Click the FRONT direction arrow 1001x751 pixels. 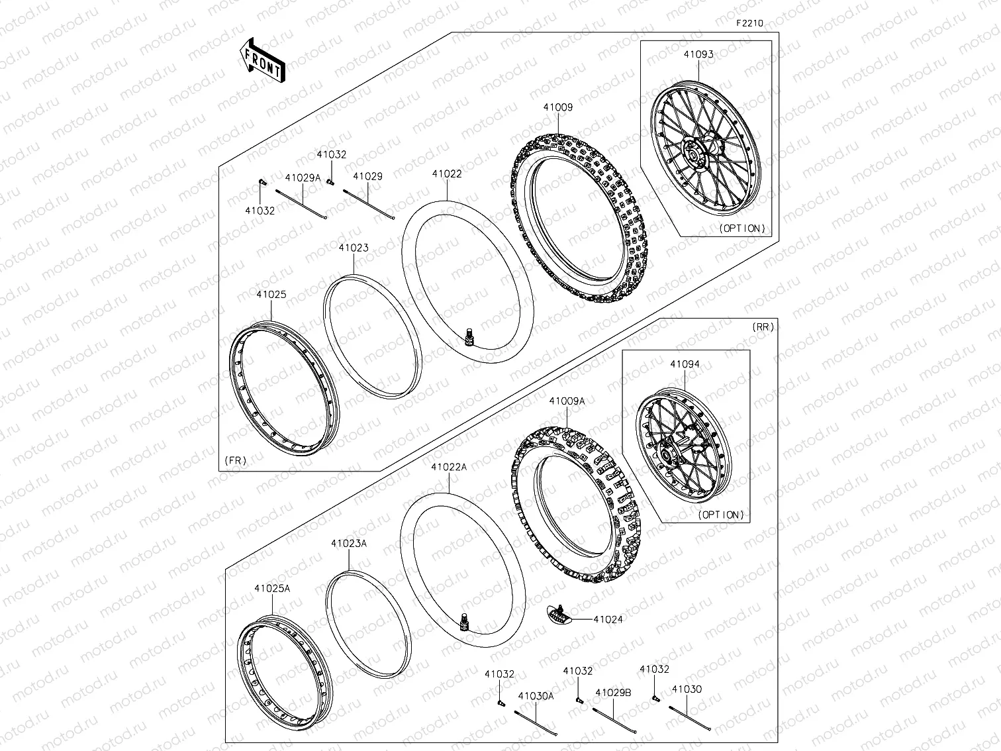pyautogui.click(x=262, y=60)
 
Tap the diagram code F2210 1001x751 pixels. pyautogui.click(x=749, y=23)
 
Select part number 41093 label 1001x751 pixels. pyautogui.click(x=698, y=54)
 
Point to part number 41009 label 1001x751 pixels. pyautogui.click(x=558, y=107)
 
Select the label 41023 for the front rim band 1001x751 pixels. pyautogui.click(x=354, y=248)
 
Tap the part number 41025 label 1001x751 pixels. pyautogui.click(x=271, y=295)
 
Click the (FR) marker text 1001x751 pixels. pyautogui.click(x=236, y=460)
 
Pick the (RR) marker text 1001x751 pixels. pyautogui.click(x=763, y=327)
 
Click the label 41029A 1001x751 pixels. pyautogui.click(x=303, y=177)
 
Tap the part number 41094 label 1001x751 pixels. pyautogui.click(x=685, y=364)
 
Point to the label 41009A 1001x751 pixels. pyautogui.click(x=567, y=401)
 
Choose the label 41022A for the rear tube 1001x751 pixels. pyautogui.click(x=449, y=467)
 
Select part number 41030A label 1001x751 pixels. pyautogui.click(x=536, y=696)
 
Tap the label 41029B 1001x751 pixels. pyautogui.click(x=613, y=693)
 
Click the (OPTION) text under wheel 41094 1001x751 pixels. pyautogui.click(x=720, y=515)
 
